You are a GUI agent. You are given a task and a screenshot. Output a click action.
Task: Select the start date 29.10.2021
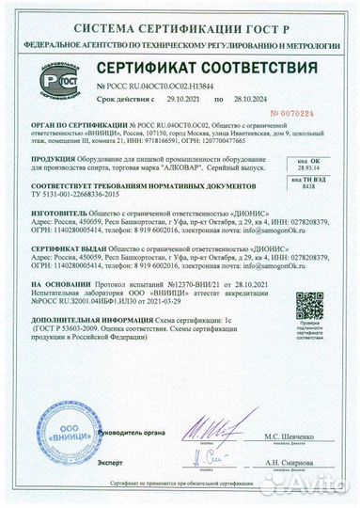[x=184, y=97]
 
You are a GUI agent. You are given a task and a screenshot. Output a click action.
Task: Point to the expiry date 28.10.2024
[x=250, y=97]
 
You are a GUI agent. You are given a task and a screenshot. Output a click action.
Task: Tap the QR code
[x=307, y=303]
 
